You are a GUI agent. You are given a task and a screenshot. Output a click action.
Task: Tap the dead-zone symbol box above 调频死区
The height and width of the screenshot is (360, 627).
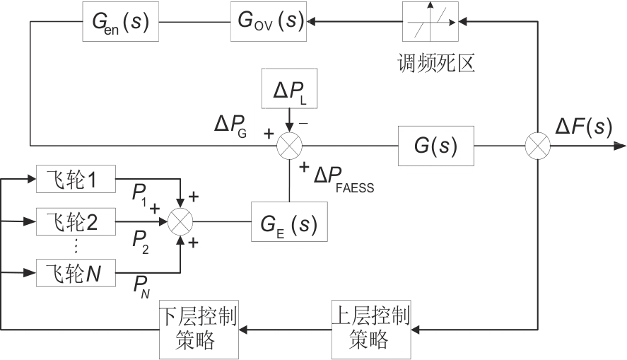coord(430,21)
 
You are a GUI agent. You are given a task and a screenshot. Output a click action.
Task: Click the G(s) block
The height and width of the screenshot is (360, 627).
coord(434,146)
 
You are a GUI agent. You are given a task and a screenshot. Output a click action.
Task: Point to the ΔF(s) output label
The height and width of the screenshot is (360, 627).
coord(584,127)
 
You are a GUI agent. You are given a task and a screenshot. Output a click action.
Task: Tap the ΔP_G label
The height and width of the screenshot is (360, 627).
coord(230,127)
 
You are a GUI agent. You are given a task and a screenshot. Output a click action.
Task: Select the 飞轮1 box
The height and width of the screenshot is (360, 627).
coord(76,182)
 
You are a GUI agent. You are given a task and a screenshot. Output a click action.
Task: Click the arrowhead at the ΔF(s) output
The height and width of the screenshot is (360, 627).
coord(620,146)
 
